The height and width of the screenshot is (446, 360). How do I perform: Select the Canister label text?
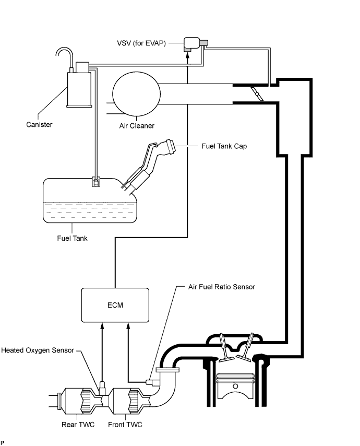pyautogui.click(x=39, y=124)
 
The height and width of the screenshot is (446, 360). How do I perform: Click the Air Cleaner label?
pyautogui.click(x=137, y=126)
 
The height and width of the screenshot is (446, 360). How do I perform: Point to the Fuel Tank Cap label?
pyautogui.click(x=224, y=146)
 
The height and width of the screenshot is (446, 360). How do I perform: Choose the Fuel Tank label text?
pyautogui.click(x=72, y=238)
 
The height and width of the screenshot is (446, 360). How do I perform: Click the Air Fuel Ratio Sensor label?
pyautogui.click(x=222, y=287)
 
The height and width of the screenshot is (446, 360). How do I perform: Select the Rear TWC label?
pyautogui.click(x=78, y=424)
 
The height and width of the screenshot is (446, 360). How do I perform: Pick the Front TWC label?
pyautogui.click(x=124, y=424)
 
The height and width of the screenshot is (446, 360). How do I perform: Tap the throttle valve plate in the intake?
pyautogui.click(x=256, y=93)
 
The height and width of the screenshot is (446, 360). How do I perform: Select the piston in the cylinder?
pyautogui.click(x=235, y=387)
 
